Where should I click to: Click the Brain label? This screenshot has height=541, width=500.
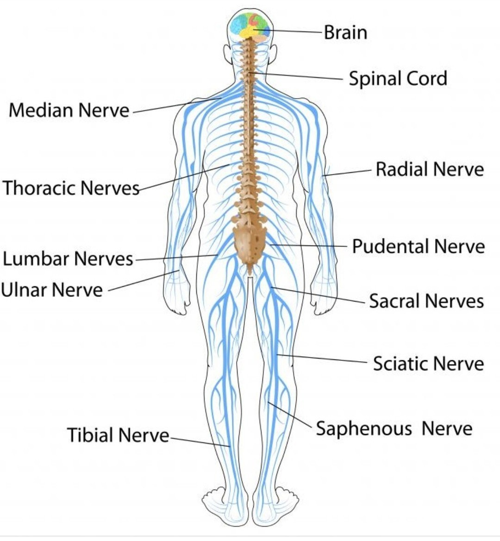pos(345,32)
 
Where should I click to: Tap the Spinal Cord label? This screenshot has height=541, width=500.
pos(398,78)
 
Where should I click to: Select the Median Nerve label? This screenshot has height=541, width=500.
pos(69,110)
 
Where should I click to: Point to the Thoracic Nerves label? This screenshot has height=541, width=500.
pos(71,188)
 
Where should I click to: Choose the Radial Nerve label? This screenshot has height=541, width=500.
pos(430,169)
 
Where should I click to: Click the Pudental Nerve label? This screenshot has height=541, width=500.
pos(418,246)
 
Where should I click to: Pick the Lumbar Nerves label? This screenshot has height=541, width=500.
pos(68,258)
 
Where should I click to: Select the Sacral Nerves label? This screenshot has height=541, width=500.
pos(426,301)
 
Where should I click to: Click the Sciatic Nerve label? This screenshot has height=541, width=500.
pos(429,363)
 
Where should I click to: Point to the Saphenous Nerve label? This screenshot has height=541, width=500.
pos(394,428)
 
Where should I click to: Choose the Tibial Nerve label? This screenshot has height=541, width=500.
pos(118,435)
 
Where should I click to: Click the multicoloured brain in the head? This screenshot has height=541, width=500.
pos(250,26)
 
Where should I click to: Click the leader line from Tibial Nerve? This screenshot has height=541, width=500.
pos(200,442)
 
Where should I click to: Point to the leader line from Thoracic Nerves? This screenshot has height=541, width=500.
pos(184,177)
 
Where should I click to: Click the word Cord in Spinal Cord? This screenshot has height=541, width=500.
pos(427,78)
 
